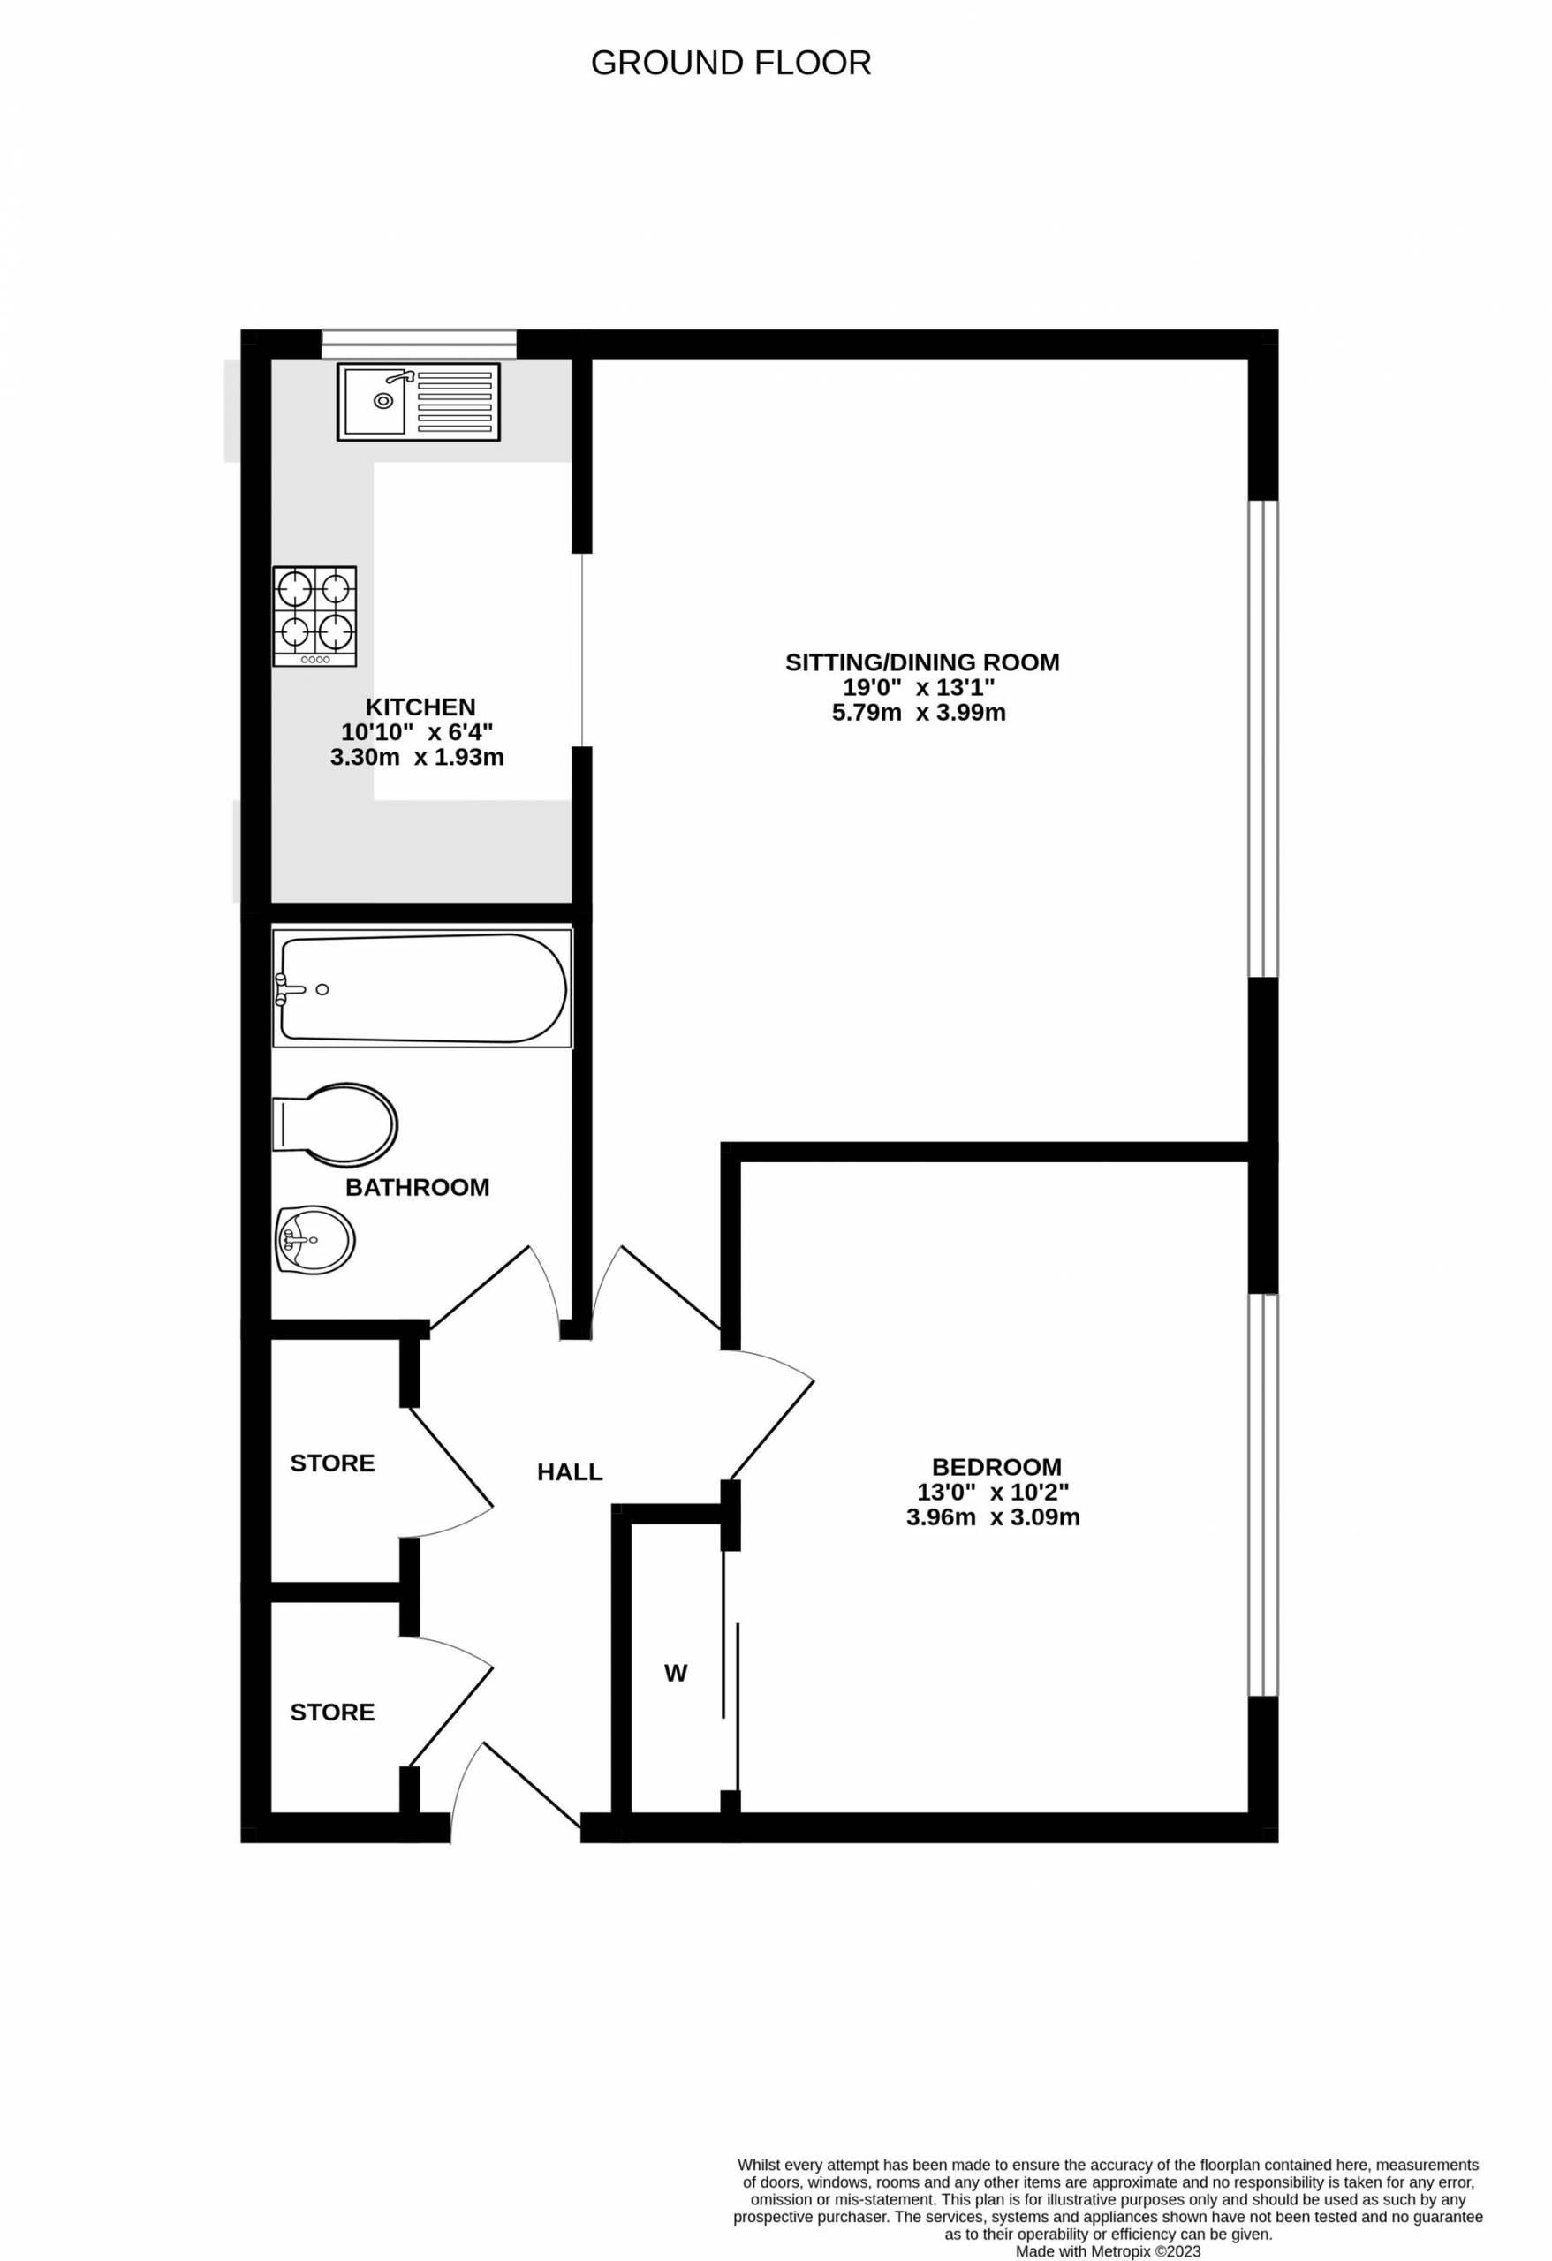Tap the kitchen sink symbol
click(419, 401)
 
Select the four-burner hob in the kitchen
click(314, 616)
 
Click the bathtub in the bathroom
click(422, 987)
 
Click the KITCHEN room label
click(420, 707)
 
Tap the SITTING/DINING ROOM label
click(922, 662)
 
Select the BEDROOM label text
click(996, 1466)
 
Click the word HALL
click(571, 1471)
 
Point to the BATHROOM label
click(418, 1187)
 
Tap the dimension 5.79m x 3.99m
click(919, 712)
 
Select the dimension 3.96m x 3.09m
click(994, 1516)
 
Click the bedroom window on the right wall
click(1263, 1495)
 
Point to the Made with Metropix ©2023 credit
click(1109, 2251)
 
